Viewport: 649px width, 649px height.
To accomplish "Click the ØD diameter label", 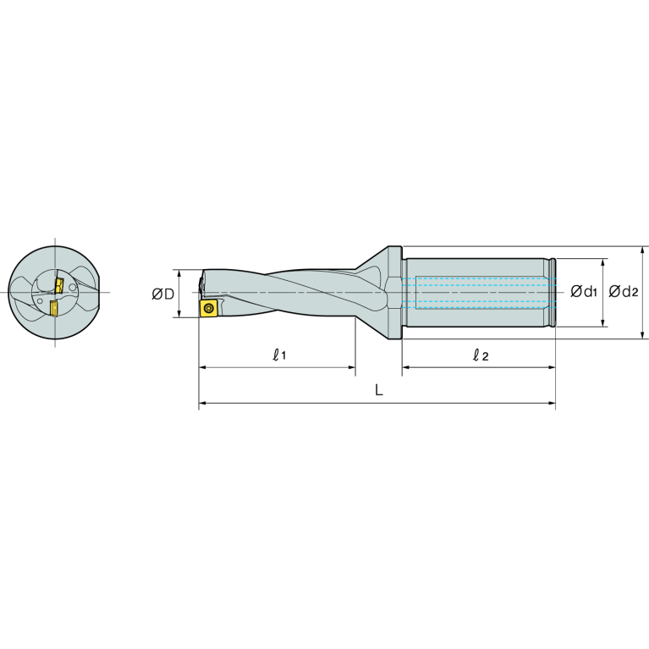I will [162, 294].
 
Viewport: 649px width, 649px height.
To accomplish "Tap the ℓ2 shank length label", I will [480, 355].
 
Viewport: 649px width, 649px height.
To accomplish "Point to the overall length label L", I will [379, 391].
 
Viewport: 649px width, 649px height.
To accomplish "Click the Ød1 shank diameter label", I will [584, 292].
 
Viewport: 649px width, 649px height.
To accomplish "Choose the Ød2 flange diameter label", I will [624, 292].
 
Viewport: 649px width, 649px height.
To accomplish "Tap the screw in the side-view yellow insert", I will [208, 309].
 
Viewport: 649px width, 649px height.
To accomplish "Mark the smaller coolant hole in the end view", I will [73, 288].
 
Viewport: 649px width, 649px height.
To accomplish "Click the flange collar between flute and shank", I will [390, 292].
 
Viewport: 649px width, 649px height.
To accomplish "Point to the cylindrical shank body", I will [478, 292].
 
